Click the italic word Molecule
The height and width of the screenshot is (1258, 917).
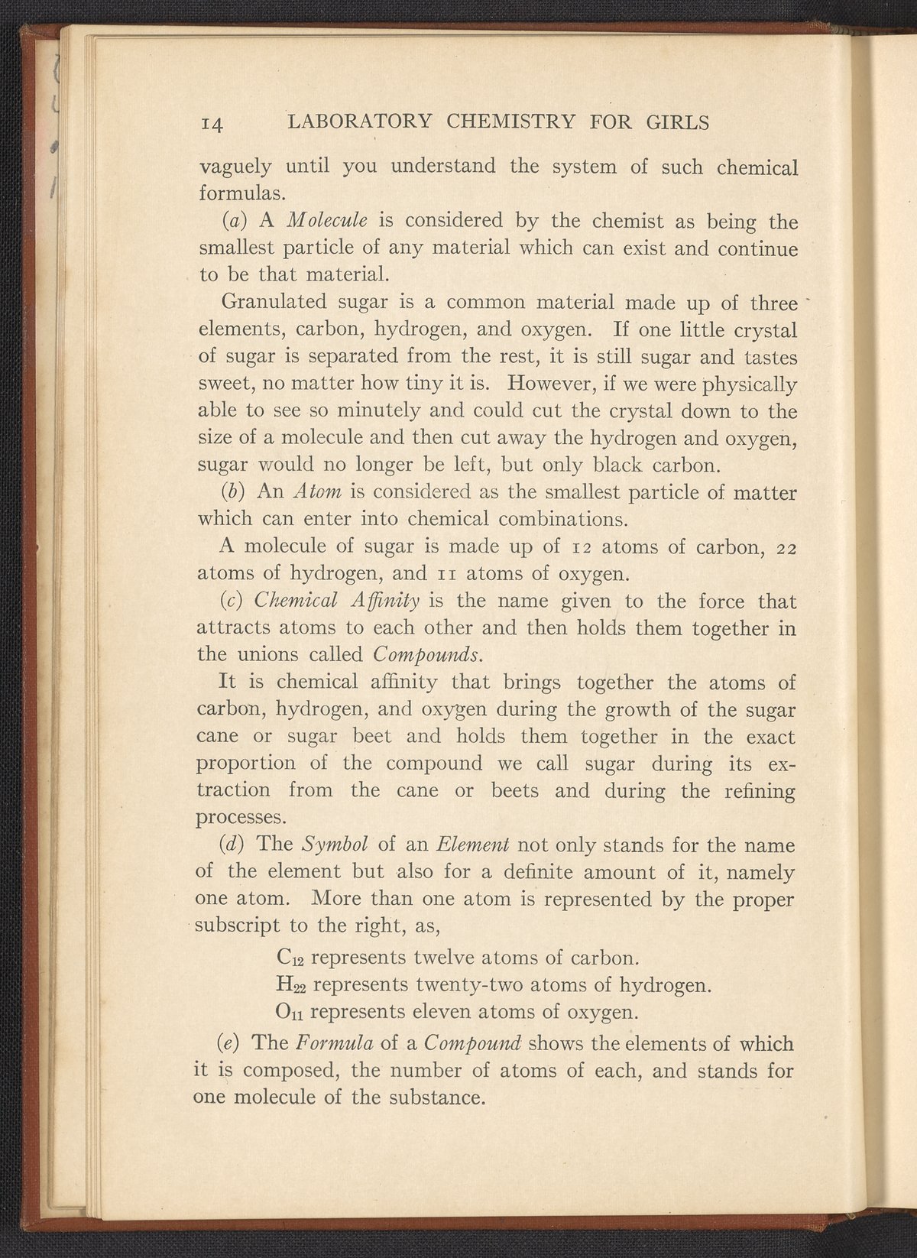point(329,221)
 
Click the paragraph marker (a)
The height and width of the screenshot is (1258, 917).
point(234,222)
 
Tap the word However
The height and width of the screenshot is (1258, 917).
point(543,384)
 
